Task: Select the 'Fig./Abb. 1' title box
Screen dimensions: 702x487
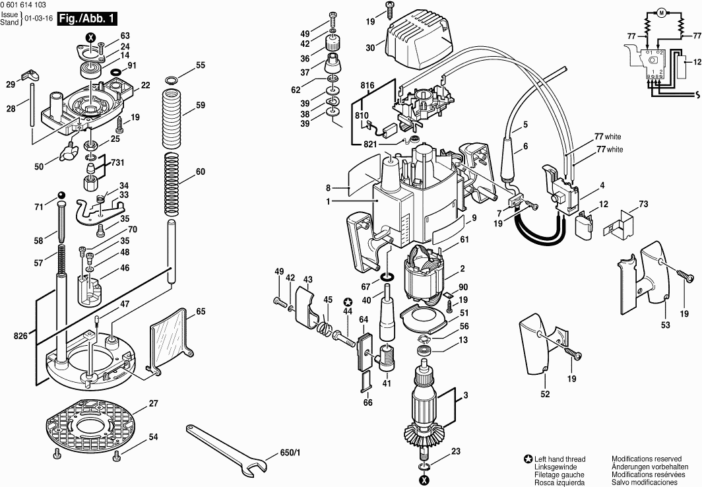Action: [87, 18]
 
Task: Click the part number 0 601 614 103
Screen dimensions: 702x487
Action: [23, 5]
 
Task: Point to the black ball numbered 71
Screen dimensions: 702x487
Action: [61, 195]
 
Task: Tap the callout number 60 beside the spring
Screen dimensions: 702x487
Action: [200, 172]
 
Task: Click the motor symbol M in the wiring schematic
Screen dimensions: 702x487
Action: [661, 14]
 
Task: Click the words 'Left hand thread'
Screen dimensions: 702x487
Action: [559, 459]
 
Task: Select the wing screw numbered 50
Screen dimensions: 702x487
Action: [66, 151]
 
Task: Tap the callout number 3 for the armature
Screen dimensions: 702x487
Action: [466, 396]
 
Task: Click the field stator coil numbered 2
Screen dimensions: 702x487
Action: [426, 275]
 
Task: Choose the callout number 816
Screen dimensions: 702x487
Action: [367, 86]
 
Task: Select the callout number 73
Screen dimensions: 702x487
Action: [643, 205]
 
